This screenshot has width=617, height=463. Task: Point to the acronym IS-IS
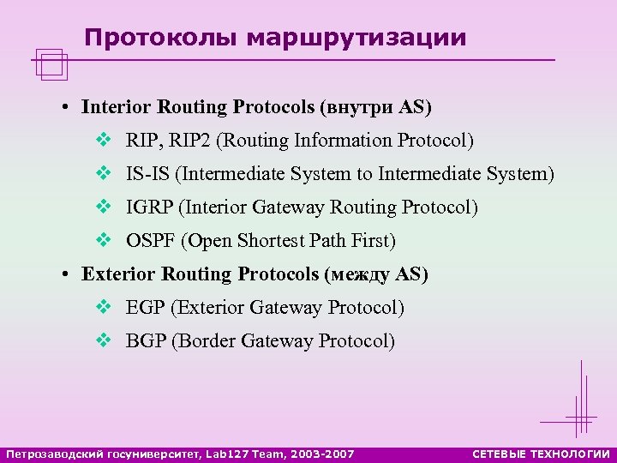coord(147,174)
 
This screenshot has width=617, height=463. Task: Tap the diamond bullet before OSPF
coord(103,241)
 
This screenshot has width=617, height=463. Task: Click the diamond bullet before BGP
coord(103,341)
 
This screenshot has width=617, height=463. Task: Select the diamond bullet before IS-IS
coord(103,174)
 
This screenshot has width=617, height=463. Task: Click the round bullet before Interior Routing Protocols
coord(65,108)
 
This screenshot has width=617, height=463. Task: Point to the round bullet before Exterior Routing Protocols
coord(65,275)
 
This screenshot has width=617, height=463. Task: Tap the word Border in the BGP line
coord(206,341)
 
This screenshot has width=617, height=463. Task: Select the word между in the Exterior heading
coord(356,274)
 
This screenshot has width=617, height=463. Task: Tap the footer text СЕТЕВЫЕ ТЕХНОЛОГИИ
coord(541,454)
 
